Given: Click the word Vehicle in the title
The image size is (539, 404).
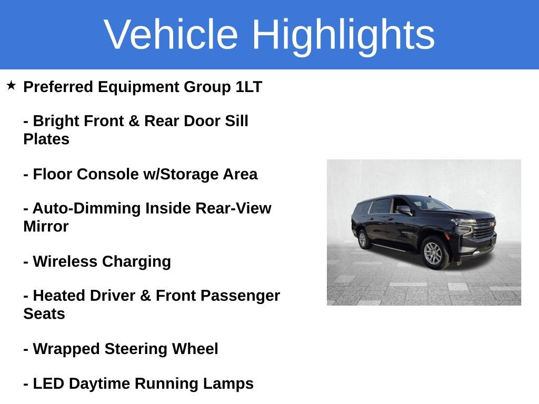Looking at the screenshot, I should [171, 35].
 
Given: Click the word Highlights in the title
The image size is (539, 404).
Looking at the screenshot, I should [343, 35].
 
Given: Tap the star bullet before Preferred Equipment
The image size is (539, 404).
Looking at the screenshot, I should [12, 85].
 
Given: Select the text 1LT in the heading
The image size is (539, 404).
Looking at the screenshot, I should [248, 87].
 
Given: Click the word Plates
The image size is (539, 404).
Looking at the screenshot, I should [46, 139].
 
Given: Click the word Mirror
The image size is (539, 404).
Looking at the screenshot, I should [46, 227].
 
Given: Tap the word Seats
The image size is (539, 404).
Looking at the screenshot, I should [44, 314].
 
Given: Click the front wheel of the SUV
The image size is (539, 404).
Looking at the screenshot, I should [433, 253].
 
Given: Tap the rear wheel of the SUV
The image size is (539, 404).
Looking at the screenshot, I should [363, 239].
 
